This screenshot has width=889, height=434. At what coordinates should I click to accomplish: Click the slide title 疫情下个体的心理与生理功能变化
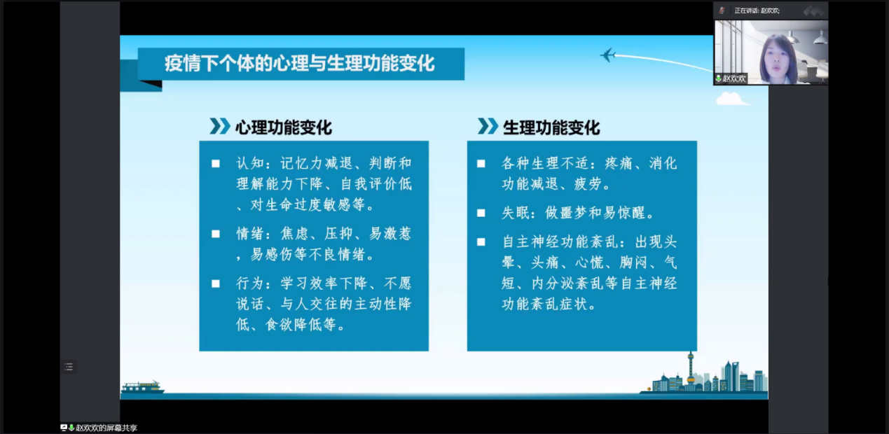(300, 64)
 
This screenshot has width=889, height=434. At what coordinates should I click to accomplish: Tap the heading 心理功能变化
(283, 127)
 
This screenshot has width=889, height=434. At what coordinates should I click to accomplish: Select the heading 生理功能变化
(551, 127)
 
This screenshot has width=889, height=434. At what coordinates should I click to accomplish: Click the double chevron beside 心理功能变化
(220, 126)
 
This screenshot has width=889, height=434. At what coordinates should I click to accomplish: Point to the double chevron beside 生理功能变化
(488, 126)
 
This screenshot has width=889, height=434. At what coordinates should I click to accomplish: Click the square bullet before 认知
(216, 163)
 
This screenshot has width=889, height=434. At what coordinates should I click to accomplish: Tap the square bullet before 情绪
(216, 234)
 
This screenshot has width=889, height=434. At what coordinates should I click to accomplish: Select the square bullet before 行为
(216, 283)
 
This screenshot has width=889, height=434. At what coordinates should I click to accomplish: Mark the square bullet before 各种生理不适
(481, 163)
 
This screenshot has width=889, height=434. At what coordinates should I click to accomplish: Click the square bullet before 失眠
(481, 213)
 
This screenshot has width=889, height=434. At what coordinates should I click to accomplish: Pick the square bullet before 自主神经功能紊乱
(481, 242)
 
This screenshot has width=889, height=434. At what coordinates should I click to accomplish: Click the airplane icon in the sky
(607, 55)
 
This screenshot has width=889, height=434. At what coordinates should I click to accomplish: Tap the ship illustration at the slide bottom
(142, 387)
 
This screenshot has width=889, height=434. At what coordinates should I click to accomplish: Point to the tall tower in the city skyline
(691, 371)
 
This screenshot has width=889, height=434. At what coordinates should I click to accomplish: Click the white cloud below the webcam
(732, 99)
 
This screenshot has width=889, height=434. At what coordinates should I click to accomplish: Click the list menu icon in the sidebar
(69, 367)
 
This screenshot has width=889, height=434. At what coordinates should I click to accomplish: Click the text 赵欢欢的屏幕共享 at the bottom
(106, 428)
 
